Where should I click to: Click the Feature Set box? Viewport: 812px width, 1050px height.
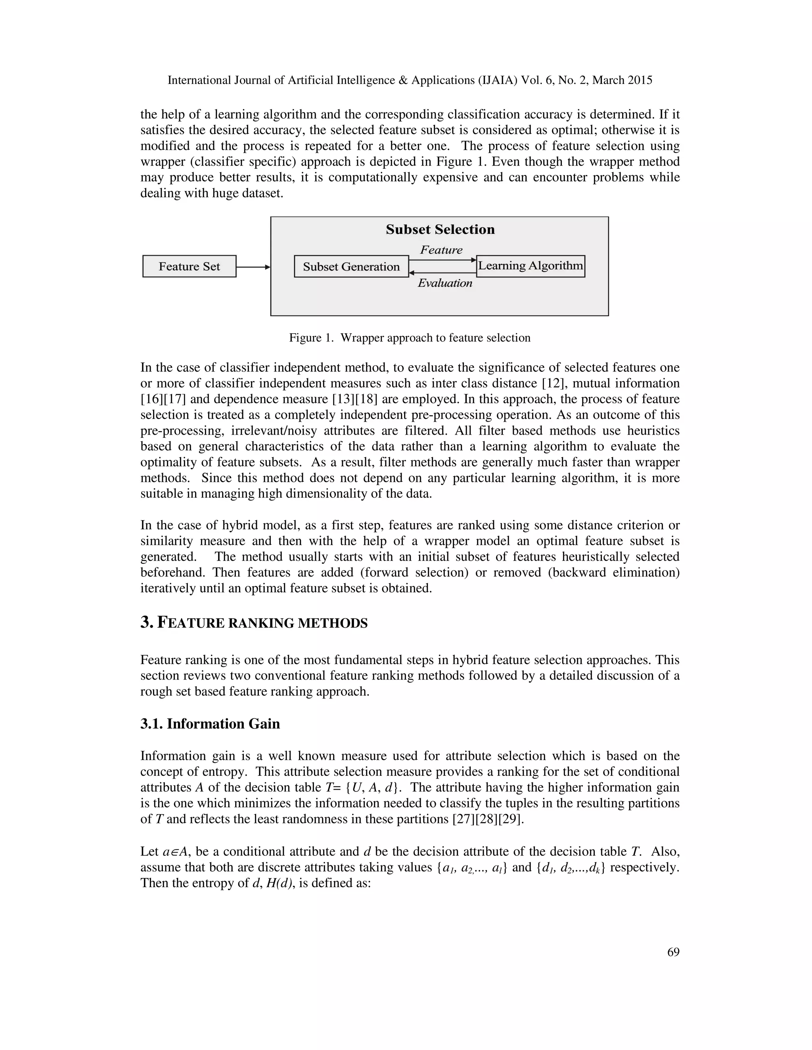(189, 266)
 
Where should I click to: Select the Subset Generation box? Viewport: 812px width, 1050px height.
(351, 267)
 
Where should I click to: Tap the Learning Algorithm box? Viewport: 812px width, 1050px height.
(530, 266)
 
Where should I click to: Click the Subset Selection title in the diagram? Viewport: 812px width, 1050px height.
(440, 229)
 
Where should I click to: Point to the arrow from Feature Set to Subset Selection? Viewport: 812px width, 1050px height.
(253, 267)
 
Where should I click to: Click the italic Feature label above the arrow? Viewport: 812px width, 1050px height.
(441, 250)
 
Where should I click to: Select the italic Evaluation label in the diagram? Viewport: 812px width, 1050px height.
(445, 283)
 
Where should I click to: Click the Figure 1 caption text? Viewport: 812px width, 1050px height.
(409, 338)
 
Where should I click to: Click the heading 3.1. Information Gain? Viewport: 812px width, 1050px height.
(210, 724)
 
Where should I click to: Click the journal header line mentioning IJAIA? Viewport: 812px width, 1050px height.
(409, 80)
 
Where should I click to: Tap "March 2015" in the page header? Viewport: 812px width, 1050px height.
(622, 80)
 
